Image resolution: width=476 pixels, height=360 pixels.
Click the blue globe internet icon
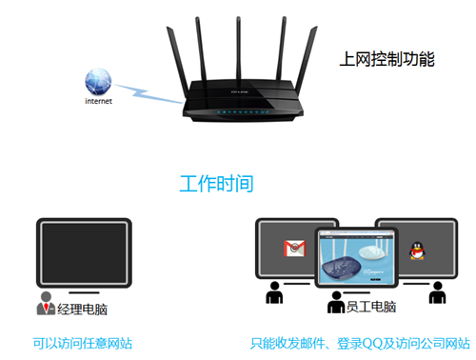(99, 80)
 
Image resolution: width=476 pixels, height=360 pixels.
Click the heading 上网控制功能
(387, 60)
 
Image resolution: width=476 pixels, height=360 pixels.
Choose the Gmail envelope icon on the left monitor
(293, 249)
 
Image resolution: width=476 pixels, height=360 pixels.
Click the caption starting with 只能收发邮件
(360, 342)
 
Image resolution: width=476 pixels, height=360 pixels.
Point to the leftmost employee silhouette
(277, 295)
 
